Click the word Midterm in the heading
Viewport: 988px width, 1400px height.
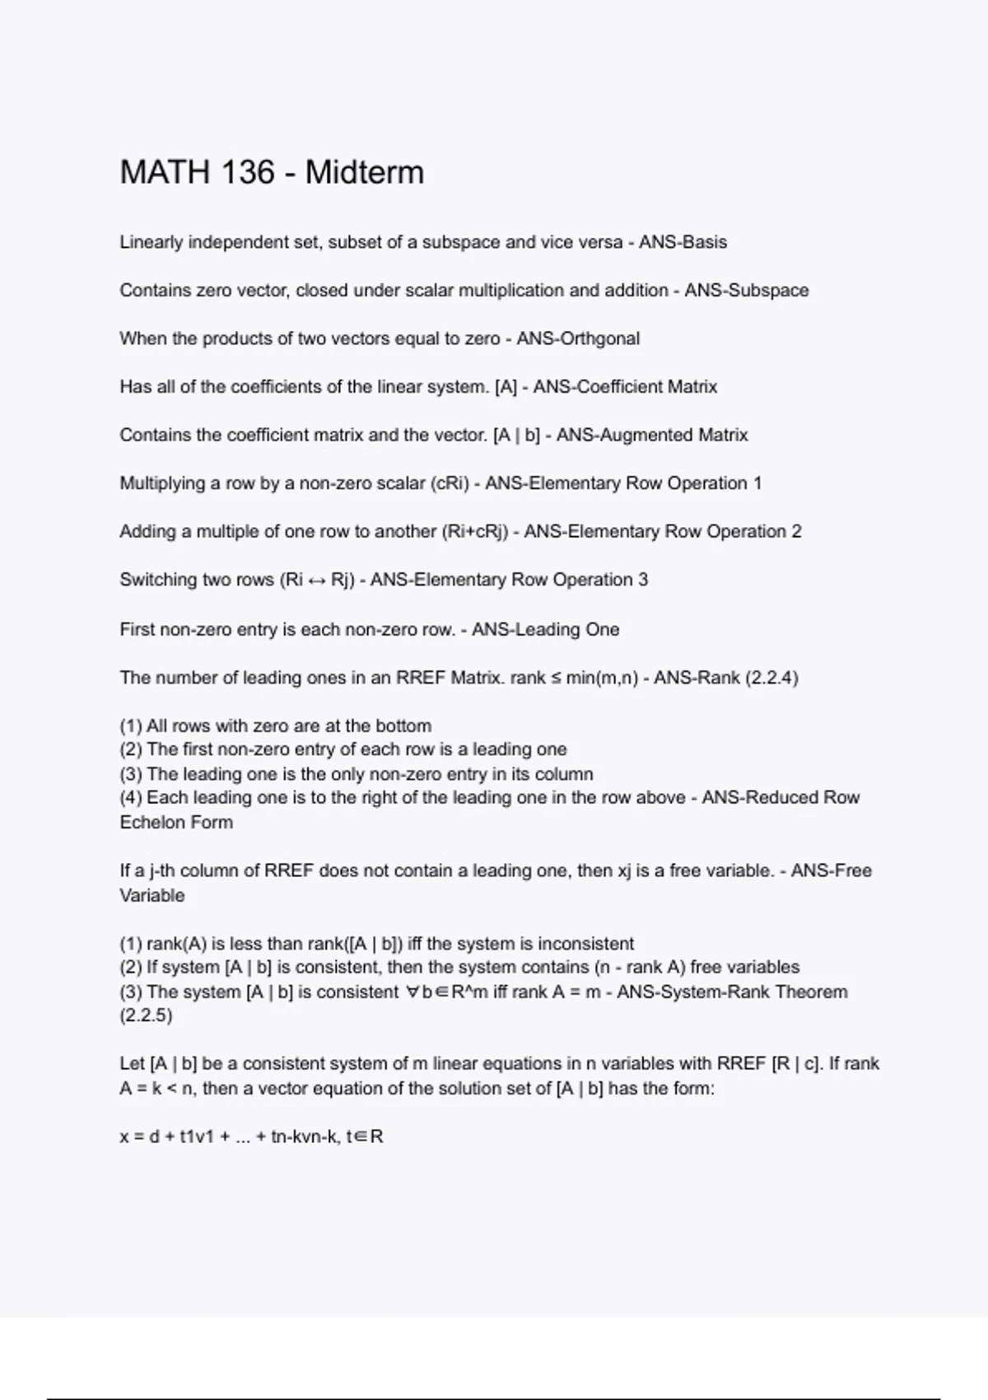[364, 173]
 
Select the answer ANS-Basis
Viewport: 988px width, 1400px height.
[683, 242]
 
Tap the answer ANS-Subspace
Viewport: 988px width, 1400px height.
[746, 290]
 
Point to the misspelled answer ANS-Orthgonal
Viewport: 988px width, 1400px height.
[578, 338]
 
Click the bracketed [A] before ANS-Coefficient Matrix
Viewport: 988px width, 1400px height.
[506, 386]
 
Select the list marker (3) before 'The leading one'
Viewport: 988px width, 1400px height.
[131, 774]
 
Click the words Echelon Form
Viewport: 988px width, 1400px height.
[176, 822]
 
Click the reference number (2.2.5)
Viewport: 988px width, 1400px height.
[146, 1015]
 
